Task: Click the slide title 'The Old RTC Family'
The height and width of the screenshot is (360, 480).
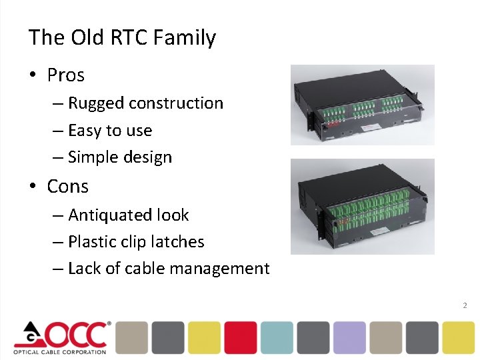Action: (x=122, y=37)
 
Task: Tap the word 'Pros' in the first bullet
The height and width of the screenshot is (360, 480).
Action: (x=65, y=75)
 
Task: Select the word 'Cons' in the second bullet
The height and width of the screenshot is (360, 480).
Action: (x=67, y=187)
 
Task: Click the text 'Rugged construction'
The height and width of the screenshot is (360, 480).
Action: (x=145, y=103)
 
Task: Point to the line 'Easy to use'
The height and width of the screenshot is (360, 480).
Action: (x=110, y=131)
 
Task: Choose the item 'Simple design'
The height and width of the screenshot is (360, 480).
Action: (x=120, y=157)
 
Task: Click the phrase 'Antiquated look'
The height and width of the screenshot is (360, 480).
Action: (x=128, y=215)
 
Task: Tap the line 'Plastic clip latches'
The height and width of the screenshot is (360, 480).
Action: (x=136, y=242)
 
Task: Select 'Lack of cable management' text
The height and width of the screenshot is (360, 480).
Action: (x=169, y=269)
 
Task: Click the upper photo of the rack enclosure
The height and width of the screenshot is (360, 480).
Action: (x=362, y=105)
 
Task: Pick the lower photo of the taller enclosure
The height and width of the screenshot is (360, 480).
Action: (x=362, y=206)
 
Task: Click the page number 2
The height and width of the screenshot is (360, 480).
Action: (x=465, y=305)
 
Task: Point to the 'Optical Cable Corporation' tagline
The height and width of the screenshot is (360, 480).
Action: (x=60, y=351)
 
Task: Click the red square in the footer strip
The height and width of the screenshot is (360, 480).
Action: (x=240, y=337)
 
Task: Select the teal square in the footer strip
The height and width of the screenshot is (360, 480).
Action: (x=277, y=337)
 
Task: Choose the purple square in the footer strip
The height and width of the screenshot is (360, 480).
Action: (x=349, y=337)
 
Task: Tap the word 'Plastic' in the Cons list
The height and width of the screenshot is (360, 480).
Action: (x=91, y=242)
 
